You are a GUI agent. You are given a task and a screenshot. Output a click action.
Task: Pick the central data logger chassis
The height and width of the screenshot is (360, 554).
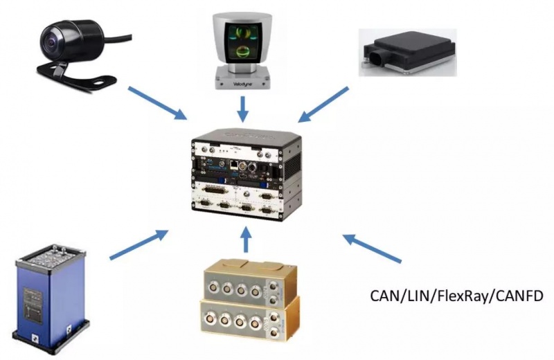246,170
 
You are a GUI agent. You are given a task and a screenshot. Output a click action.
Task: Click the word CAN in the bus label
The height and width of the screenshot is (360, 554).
383,297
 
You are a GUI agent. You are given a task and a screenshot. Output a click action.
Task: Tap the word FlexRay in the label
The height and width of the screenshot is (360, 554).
456,298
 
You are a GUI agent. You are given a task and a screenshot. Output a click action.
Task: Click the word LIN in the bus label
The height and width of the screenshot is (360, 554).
414,297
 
